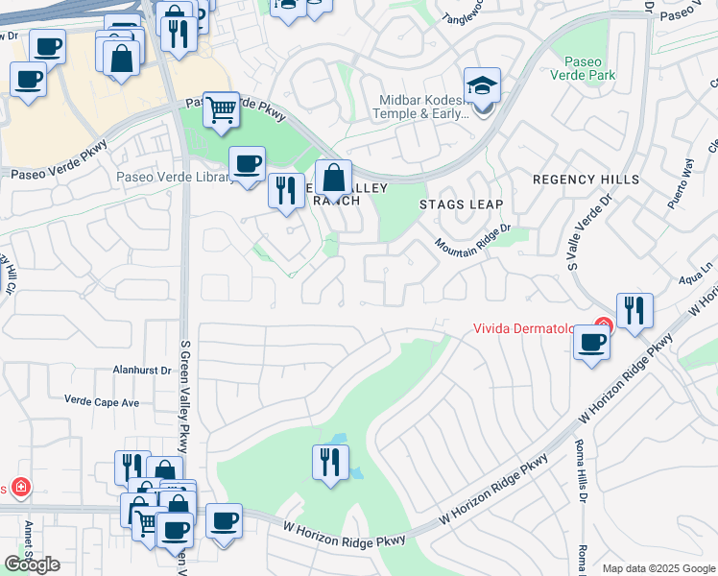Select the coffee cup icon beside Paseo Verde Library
(247, 164)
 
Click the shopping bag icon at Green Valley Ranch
(333, 177)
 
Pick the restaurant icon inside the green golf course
(329, 463)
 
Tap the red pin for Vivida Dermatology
(603, 326)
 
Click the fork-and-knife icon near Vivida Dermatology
(634, 311)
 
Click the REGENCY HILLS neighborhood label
(586, 180)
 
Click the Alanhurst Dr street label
(141, 370)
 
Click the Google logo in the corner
(32, 564)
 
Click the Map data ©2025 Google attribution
(658, 568)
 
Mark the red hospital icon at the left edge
(19, 489)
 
